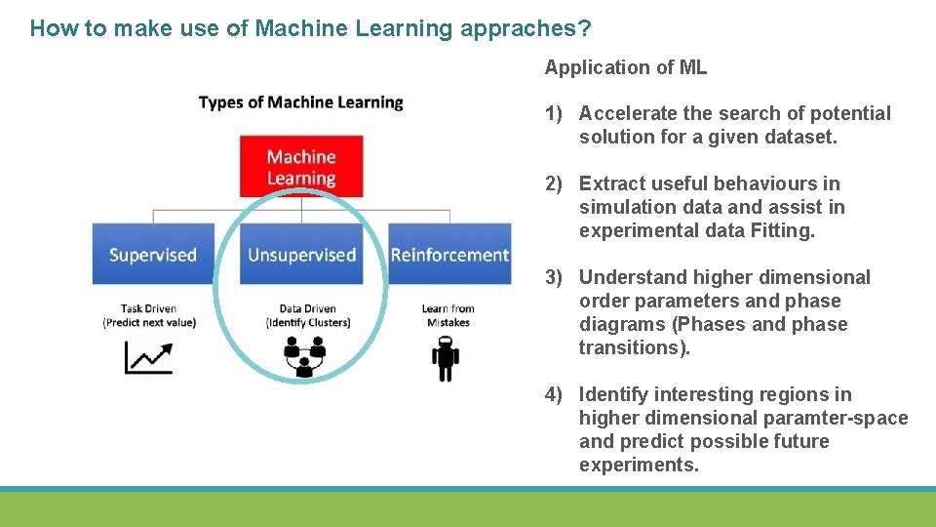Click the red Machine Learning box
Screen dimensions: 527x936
click(301, 167)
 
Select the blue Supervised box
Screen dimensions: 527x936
click(152, 255)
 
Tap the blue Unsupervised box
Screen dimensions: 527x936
click(301, 255)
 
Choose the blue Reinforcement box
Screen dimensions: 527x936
click(449, 255)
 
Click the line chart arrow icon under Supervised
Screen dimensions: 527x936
click(148, 358)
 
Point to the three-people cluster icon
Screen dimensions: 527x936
click(304, 356)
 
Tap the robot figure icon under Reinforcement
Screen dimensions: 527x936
click(446, 358)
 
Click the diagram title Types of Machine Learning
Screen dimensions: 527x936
click(300, 102)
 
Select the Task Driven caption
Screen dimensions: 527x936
click(148, 308)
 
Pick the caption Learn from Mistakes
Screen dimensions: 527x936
click(448, 315)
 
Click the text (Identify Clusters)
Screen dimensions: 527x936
click(307, 323)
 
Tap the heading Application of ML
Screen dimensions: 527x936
click(625, 67)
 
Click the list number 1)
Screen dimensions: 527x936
click(555, 114)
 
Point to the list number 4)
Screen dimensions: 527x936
click(555, 395)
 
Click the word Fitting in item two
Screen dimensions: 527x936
click(785, 231)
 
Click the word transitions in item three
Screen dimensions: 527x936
click(631, 348)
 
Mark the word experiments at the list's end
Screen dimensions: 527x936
click(638, 466)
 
